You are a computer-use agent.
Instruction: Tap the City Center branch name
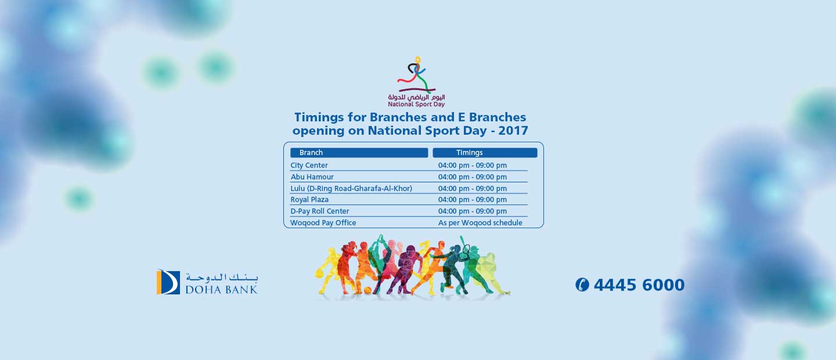(309, 165)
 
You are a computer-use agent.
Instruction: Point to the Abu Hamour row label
(312, 177)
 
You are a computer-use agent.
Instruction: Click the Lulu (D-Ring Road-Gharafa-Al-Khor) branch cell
(351, 188)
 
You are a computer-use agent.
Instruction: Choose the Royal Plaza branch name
(309, 199)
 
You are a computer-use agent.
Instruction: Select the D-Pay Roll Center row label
(320, 211)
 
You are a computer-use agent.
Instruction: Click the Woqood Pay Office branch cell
(323, 222)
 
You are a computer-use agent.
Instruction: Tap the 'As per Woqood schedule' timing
(480, 222)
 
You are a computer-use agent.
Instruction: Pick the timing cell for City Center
(473, 165)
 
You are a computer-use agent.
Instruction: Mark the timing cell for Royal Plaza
(473, 199)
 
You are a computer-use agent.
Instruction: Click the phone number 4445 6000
(639, 285)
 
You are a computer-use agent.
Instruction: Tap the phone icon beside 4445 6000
(582, 285)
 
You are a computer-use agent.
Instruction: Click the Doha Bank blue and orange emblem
(168, 282)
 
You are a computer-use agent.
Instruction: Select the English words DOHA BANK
(221, 289)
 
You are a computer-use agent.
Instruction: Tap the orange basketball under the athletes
(367, 290)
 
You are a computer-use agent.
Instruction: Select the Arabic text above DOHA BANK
(222, 278)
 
